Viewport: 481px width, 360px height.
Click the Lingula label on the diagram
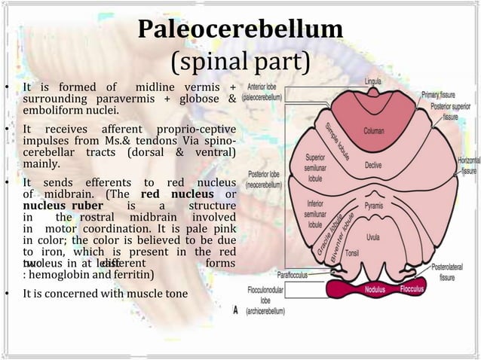coord(373,81)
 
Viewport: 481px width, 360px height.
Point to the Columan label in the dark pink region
coord(373,130)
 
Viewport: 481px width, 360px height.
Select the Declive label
coord(372,165)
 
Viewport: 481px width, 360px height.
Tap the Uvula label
coord(372,236)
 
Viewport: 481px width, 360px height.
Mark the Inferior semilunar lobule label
coord(315,213)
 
